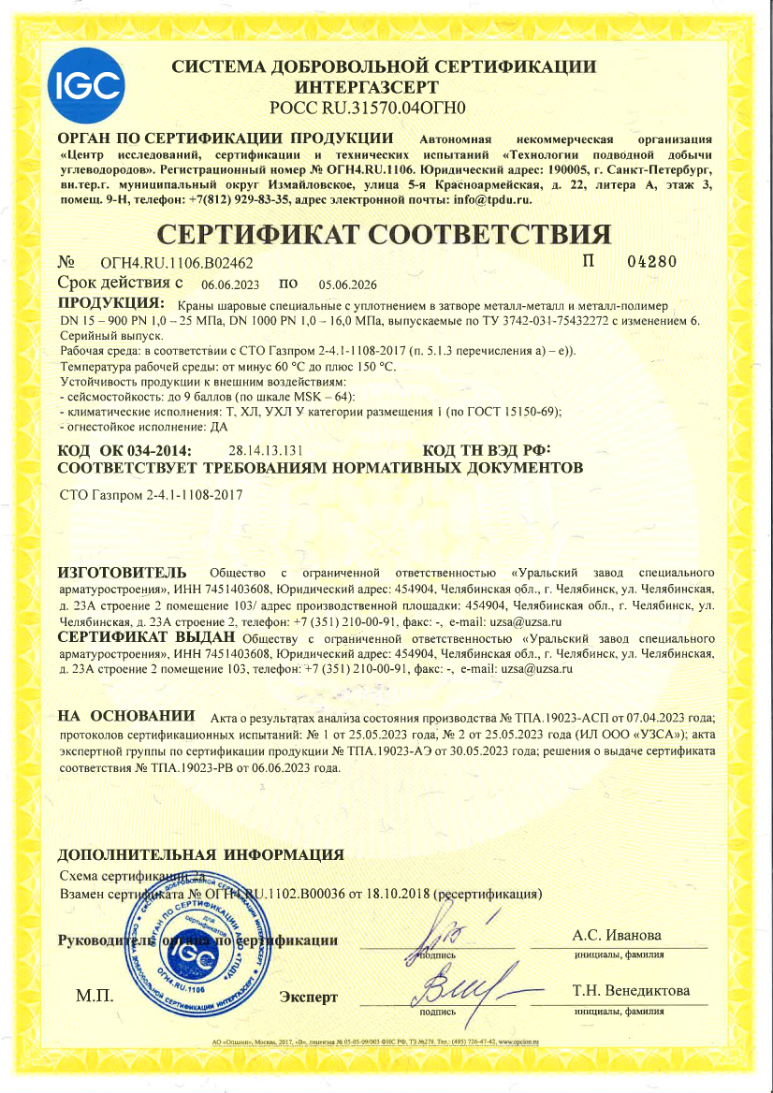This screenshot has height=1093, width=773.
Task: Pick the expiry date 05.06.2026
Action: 347,284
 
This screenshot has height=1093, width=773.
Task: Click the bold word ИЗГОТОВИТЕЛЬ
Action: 123,571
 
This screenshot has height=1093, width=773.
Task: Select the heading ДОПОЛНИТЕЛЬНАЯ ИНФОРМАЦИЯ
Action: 200,854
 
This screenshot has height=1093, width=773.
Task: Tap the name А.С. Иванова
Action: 616,936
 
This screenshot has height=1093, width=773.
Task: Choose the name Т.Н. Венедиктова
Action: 631,990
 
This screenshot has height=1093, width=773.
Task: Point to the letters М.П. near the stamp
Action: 95,995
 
